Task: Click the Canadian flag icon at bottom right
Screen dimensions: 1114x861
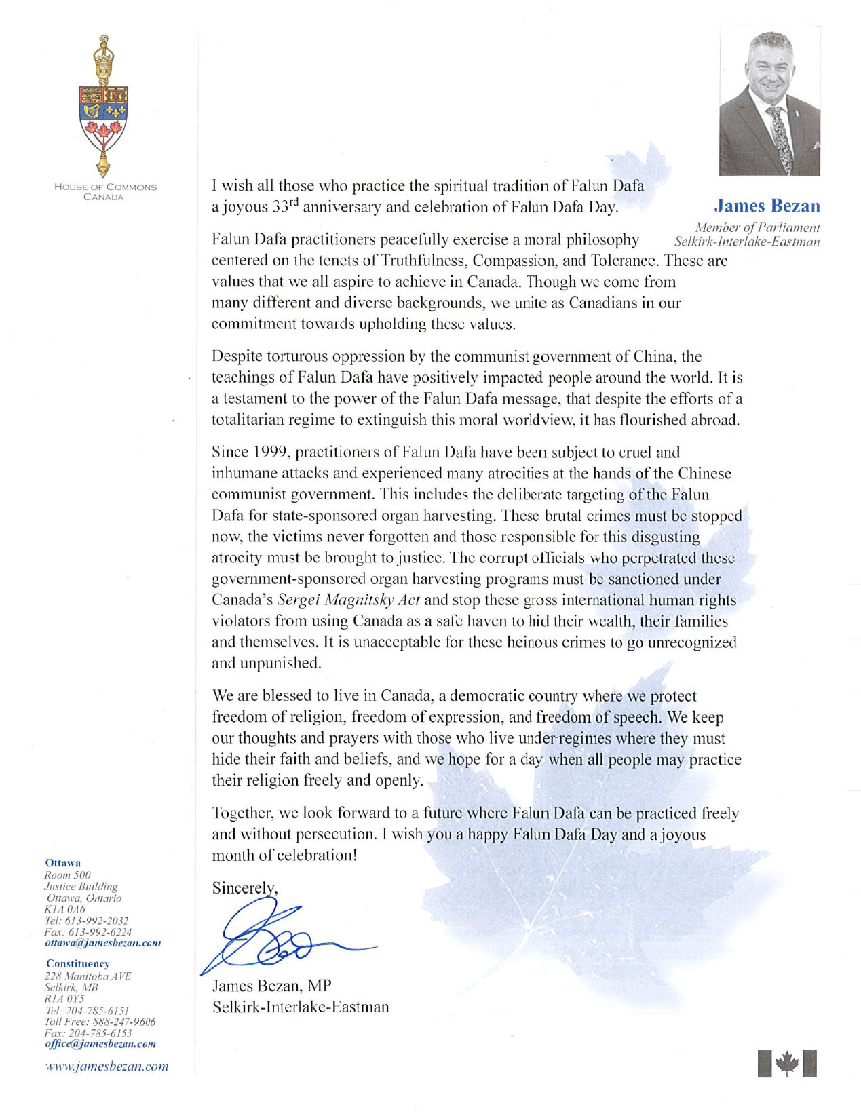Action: (x=787, y=1063)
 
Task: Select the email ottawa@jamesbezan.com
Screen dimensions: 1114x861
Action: (x=102, y=943)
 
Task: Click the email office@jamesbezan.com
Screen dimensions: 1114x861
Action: (x=100, y=1043)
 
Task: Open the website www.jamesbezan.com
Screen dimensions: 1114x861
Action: (x=106, y=1067)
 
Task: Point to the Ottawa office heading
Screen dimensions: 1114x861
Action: (x=62, y=863)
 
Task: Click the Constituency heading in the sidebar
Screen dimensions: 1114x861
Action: (x=78, y=963)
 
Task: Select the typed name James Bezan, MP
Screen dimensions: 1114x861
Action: (x=271, y=985)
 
